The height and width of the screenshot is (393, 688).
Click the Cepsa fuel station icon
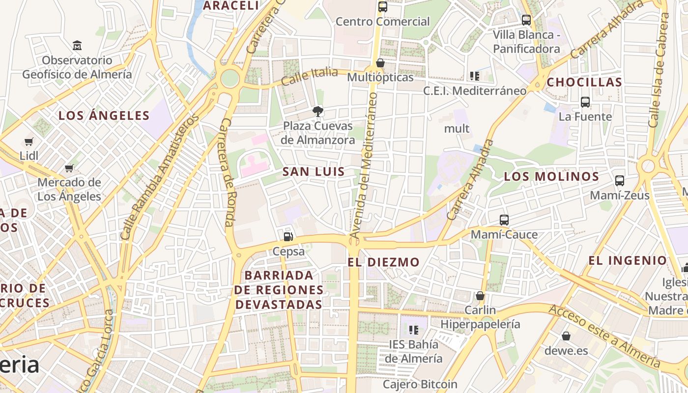pos(288,236)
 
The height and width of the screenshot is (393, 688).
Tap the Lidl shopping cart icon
pos(29,142)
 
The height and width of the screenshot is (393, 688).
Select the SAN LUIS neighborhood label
pos(314,172)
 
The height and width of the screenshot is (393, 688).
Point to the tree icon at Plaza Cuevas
pos(318,112)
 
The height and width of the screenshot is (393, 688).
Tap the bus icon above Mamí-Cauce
pos(504,220)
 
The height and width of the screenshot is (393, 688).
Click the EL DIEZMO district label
pos(383,262)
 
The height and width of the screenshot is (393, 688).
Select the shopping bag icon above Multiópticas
pos(380,63)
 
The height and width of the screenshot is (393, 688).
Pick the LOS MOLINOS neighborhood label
pos(551,176)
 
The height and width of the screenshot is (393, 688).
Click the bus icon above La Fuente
pos(585,102)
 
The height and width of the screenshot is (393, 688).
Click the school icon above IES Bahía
pos(413,330)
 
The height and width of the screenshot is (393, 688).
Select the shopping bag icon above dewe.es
pos(566,337)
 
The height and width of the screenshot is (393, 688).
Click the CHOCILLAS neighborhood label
pos(584,83)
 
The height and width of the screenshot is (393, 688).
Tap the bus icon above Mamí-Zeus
pos(620,181)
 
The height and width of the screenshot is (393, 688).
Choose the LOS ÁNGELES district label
pos(104,116)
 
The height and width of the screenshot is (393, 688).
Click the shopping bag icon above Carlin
pos(480,296)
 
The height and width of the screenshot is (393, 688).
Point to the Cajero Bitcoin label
pos(420,384)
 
